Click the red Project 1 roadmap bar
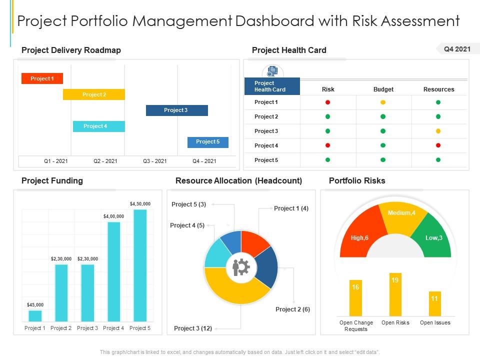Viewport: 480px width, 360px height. coord(42,78)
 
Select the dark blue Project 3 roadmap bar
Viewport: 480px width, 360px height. coord(176,110)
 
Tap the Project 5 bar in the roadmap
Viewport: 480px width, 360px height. coord(207,142)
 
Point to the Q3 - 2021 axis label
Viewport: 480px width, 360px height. coord(154,161)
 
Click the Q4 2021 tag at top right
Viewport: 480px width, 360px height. coord(457,49)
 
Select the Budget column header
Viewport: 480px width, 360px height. coord(383,89)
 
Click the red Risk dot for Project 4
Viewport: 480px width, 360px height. coord(328,145)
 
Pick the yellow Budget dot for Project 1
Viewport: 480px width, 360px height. coord(383,102)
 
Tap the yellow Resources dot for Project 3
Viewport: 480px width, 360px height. coord(438,131)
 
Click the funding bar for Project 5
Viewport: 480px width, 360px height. coord(140,265)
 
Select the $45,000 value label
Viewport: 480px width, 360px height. coord(35,304)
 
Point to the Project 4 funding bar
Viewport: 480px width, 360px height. coord(114,271)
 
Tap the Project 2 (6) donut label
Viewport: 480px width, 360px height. coord(292,309)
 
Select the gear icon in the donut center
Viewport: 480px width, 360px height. coord(241,268)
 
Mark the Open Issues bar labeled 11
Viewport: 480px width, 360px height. coord(434,303)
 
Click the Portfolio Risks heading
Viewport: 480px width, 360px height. coord(356,180)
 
